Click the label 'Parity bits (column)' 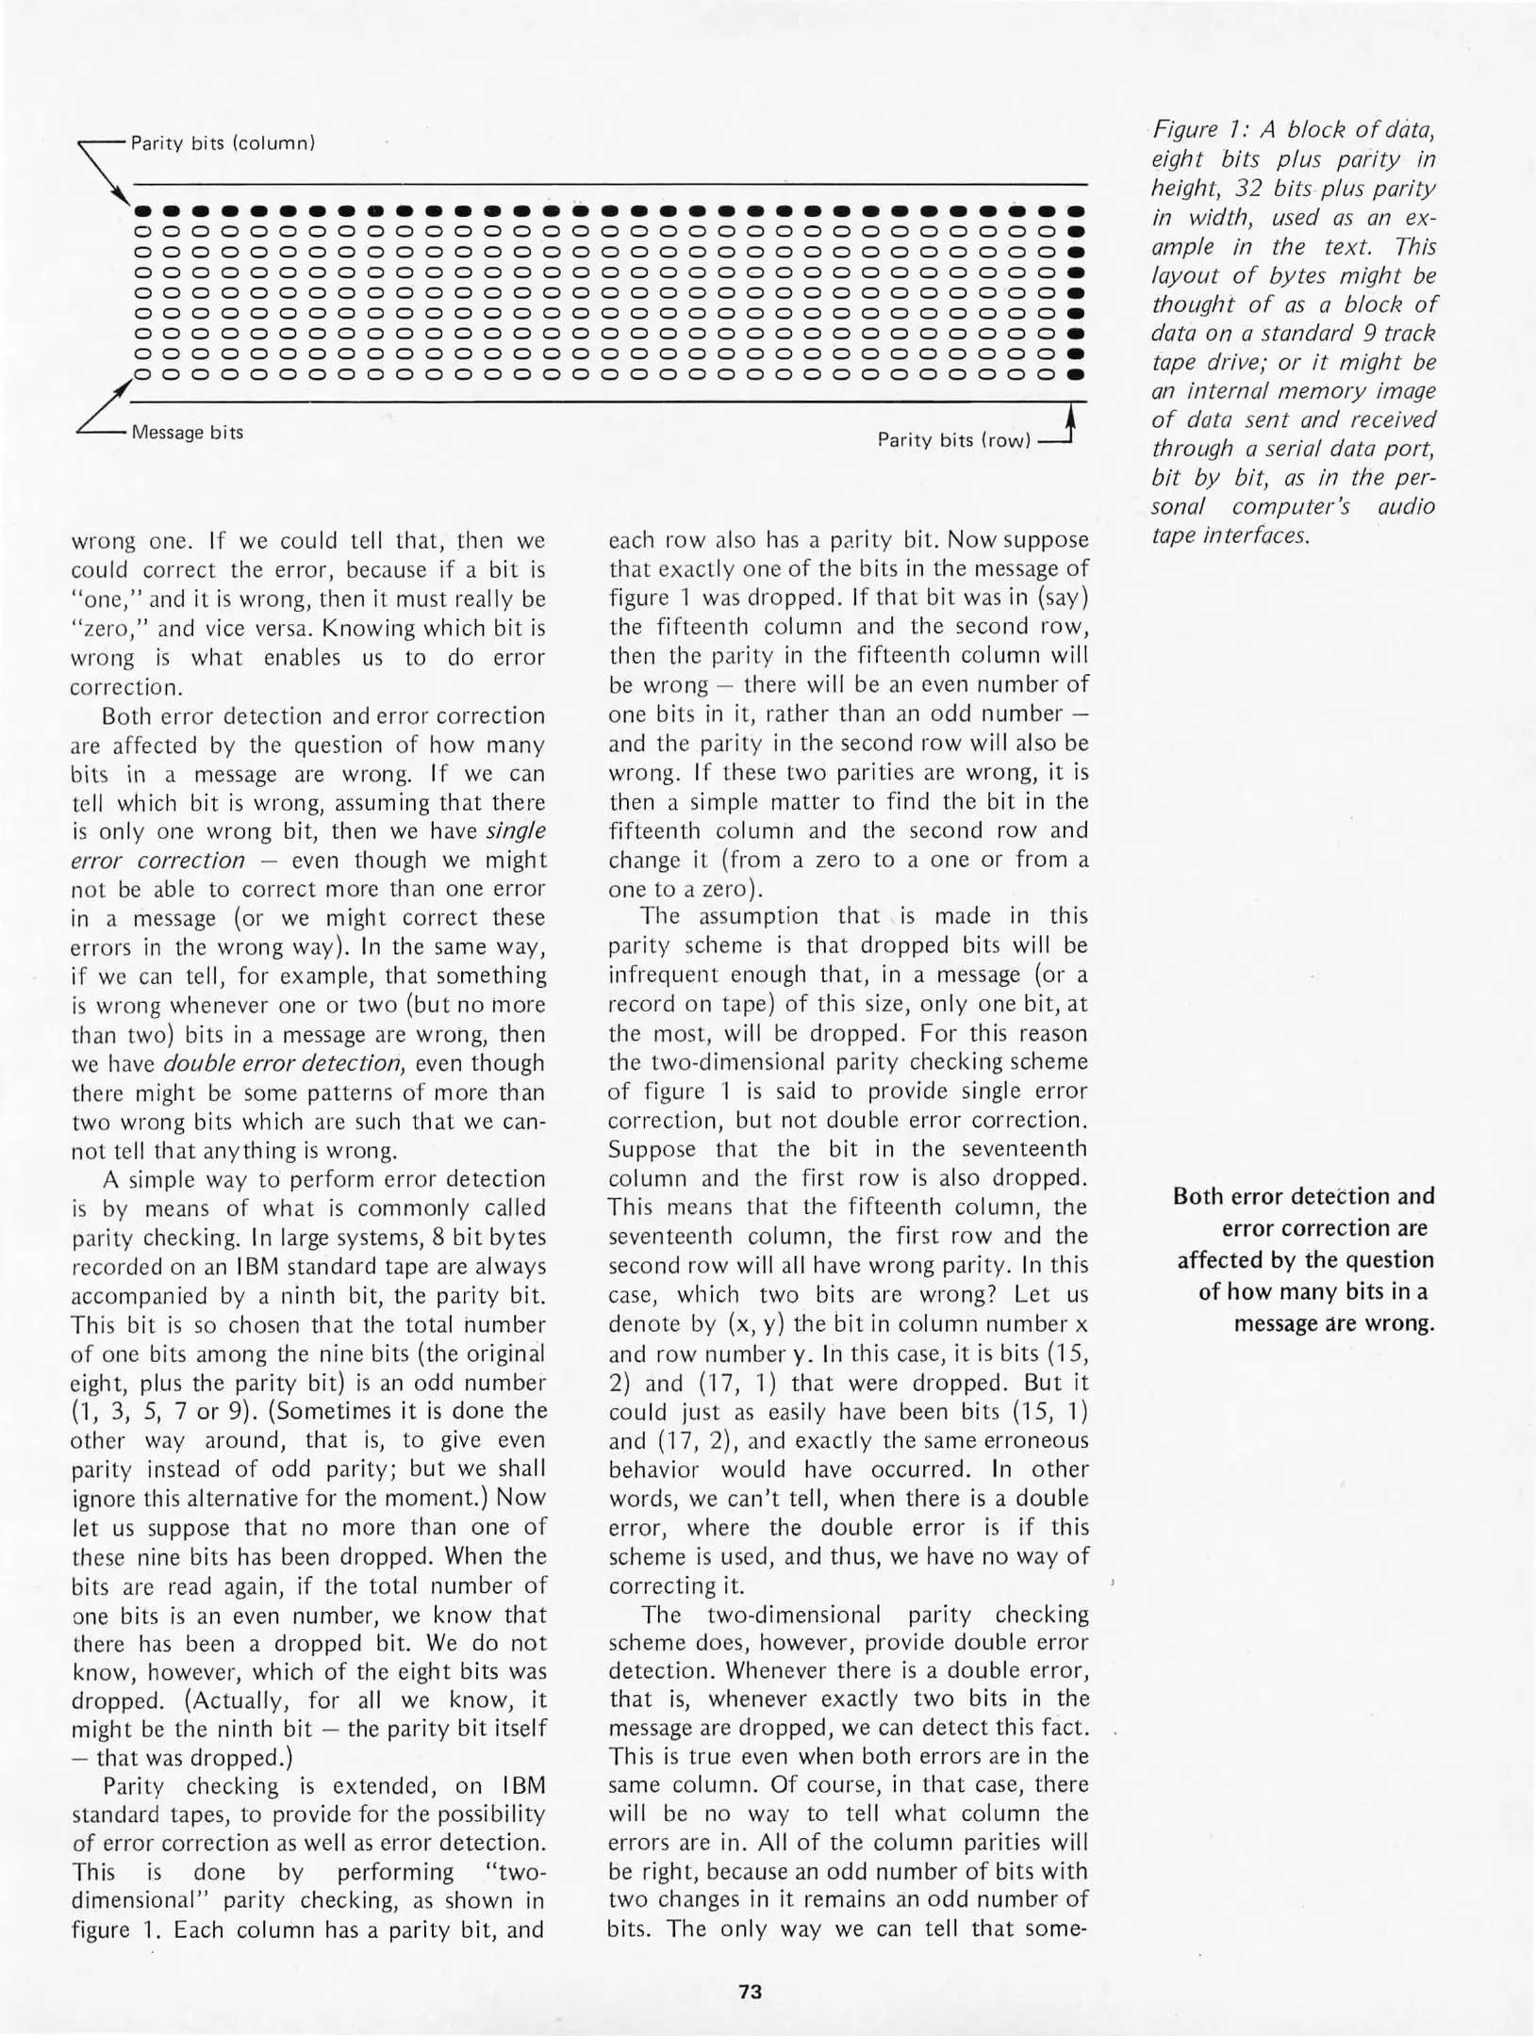coord(222,143)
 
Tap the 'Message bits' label coord(188,433)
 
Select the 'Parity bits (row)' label coord(954,440)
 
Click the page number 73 coord(751,1992)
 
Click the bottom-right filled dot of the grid coord(1074,374)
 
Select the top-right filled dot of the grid coord(1074,210)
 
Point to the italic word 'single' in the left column coord(517,831)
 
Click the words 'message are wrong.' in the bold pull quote coord(1334,1322)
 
